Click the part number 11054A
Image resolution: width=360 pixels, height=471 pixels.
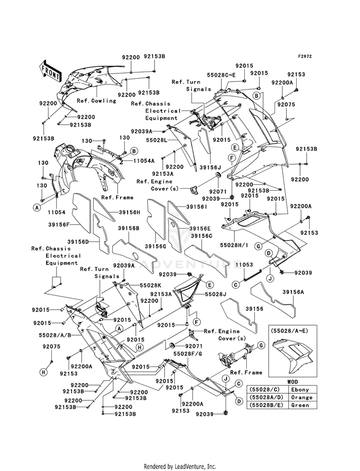coord(144,161)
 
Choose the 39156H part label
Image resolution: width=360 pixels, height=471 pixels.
coord(130,212)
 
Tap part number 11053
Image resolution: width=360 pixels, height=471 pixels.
coord(244,265)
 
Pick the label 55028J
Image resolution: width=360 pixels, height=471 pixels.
coord(216,294)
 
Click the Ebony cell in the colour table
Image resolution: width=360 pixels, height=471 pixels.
coord(300,389)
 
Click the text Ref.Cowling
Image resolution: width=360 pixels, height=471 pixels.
coord(96,101)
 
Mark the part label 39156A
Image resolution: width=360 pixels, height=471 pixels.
coord(293,292)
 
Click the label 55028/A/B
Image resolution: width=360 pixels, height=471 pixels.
coord(55,335)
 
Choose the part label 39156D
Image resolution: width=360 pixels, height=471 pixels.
coord(78,242)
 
